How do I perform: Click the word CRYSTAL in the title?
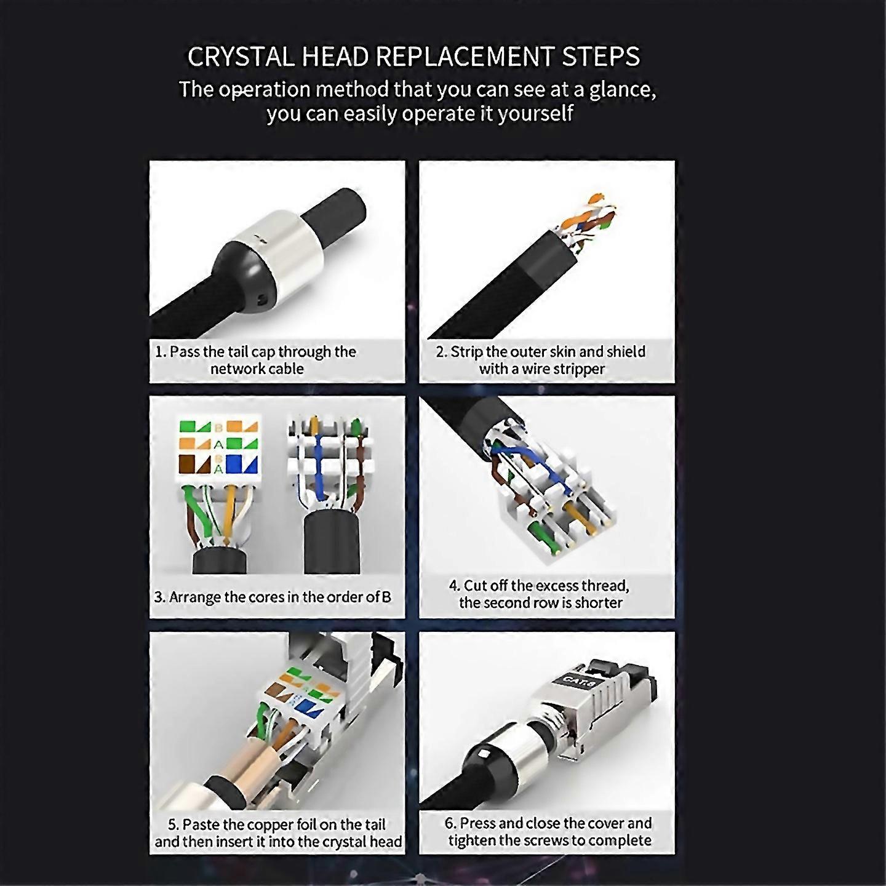pos(241,57)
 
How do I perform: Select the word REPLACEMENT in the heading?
pos(465,57)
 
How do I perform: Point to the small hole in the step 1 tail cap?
pos(263,300)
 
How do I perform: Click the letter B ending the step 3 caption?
pos(386,597)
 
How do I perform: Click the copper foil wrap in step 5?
pos(258,763)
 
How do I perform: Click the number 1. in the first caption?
pos(160,352)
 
